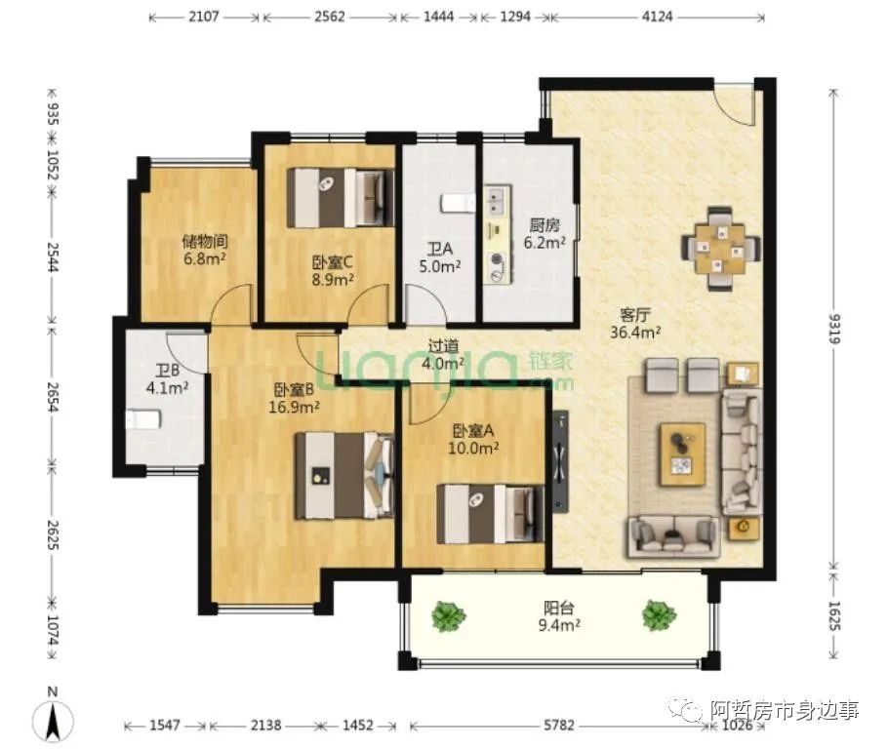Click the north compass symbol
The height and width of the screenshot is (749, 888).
[x=53, y=717]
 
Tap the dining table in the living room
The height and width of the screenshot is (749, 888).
[x=720, y=249]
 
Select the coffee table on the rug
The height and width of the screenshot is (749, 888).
[x=682, y=454]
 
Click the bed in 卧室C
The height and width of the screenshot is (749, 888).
[x=341, y=198]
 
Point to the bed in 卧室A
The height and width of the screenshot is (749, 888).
[x=491, y=514]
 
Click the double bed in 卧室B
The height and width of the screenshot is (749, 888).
[x=344, y=476]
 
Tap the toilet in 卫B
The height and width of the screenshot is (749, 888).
[x=143, y=420]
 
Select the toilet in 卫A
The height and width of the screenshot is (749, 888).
[x=459, y=203]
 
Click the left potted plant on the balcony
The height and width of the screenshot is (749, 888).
[x=449, y=616]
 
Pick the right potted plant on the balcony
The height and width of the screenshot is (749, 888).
[x=660, y=615]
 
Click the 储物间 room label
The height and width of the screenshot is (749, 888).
[x=205, y=242]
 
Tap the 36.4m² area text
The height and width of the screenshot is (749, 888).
[x=635, y=333]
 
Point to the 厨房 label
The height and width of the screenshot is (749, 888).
[x=545, y=225]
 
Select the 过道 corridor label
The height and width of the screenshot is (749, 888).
[x=443, y=345]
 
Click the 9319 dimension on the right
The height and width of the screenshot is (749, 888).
[x=834, y=329]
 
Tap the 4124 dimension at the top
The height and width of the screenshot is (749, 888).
[x=657, y=17]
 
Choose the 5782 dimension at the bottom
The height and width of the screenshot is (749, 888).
[x=559, y=725]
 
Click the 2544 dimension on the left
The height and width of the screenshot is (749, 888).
[x=53, y=257]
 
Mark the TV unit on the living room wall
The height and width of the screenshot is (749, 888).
[x=560, y=461]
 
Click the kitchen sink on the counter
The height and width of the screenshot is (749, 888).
[x=498, y=200]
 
